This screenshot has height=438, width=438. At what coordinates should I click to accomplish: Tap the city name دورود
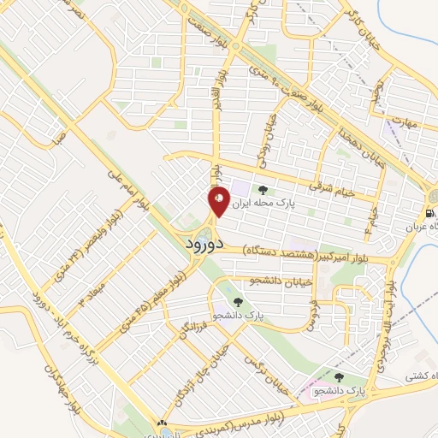pyautogui.click(x=204, y=243)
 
